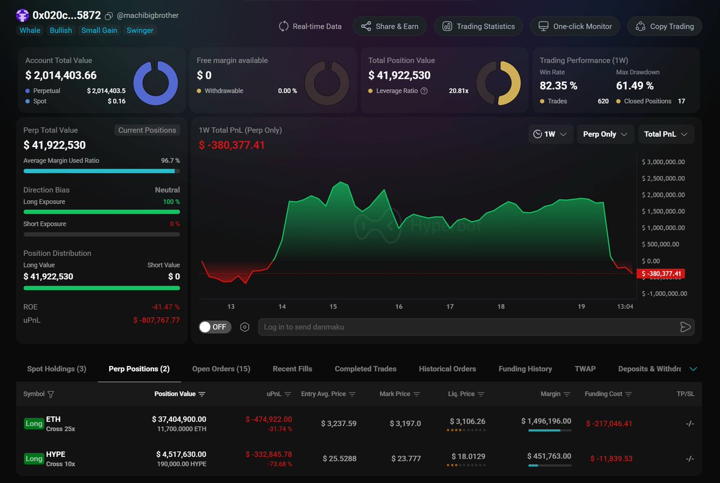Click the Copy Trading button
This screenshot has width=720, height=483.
pyautogui.click(x=664, y=26)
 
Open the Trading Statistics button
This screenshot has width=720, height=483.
pyautogui.click(x=478, y=26)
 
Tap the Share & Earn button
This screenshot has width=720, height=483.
pyautogui.click(x=389, y=26)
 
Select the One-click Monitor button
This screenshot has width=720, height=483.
pyautogui.click(x=575, y=26)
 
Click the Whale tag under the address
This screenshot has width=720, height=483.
pyautogui.click(x=30, y=31)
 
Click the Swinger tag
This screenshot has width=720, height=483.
pyautogui.click(x=140, y=31)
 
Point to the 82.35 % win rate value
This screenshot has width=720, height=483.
pyautogui.click(x=558, y=86)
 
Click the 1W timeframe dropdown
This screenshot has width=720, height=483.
pyautogui.click(x=550, y=134)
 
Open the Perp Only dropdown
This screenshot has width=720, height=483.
pyautogui.click(x=605, y=134)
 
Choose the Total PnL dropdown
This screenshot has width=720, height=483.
pyautogui.click(x=665, y=134)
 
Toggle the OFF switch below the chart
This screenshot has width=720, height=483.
pyautogui.click(x=215, y=327)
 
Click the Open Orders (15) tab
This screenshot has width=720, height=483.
pyautogui.click(x=221, y=369)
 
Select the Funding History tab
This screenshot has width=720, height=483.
pyautogui.click(x=525, y=369)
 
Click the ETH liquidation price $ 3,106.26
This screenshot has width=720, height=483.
pyautogui.click(x=466, y=422)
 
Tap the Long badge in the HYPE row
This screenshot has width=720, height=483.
pyautogui.click(x=34, y=459)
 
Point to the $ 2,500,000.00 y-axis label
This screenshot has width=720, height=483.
pyautogui.click(x=663, y=178)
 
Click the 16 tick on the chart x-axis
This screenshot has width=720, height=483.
pyautogui.click(x=399, y=307)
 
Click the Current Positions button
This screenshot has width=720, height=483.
pyautogui.click(x=147, y=130)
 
